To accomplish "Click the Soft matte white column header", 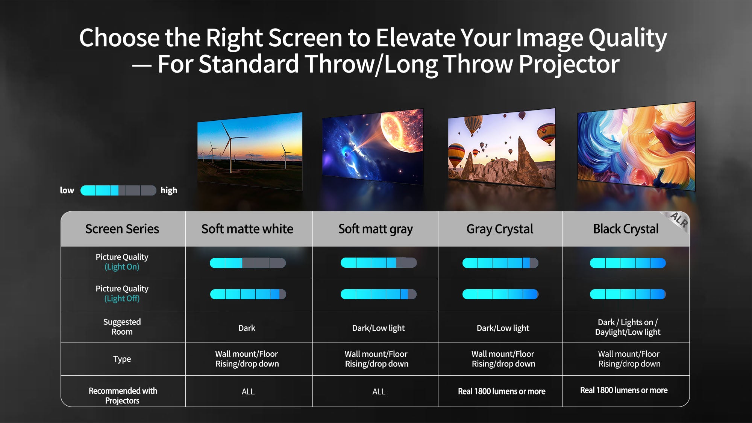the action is [247, 229].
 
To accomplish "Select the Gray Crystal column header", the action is [500, 229].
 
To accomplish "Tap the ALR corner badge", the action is [679, 220].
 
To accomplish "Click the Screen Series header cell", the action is [122, 229].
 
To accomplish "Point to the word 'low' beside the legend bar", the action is [67, 190].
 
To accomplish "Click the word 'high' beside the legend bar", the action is [169, 191].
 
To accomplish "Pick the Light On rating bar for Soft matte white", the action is [248, 263].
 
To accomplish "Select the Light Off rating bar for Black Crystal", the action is [628, 294].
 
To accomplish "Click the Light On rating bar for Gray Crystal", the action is [500, 263].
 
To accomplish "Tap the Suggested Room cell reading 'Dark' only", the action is [247, 328].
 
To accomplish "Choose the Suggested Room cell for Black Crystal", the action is [628, 327].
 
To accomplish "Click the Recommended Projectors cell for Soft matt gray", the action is [379, 392].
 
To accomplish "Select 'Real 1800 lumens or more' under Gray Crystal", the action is [502, 391].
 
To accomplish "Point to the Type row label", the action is [122, 359].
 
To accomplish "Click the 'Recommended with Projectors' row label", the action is [123, 396].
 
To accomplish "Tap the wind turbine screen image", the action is [250, 151].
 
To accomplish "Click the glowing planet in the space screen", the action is [402, 130].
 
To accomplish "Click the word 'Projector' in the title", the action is [569, 64].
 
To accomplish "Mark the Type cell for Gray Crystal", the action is [503, 359].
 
